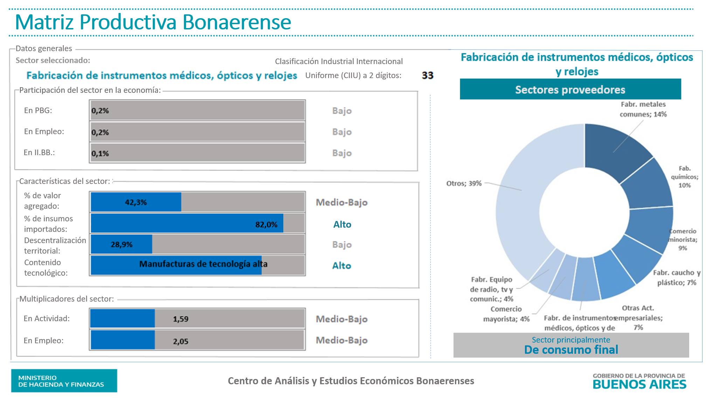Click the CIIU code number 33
(x=427, y=75)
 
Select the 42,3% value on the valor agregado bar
(x=136, y=202)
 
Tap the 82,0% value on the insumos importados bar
(x=266, y=225)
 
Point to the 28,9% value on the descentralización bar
(x=122, y=244)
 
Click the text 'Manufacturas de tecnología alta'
(x=203, y=264)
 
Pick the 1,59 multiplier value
(x=181, y=319)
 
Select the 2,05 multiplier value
(x=181, y=341)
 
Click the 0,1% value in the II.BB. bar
(x=100, y=153)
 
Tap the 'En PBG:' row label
(x=38, y=110)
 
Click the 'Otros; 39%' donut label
(x=464, y=183)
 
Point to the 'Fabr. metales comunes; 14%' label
(x=643, y=109)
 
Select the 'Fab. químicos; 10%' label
(x=684, y=177)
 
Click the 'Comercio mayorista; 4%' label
(x=506, y=314)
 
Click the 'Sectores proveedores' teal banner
(x=570, y=90)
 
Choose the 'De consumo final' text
(x=571, y=350)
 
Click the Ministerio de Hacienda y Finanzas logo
(x=64, y=381)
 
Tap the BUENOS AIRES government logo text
(x=639, y=384)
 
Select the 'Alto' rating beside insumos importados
(x=342, y=225)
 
